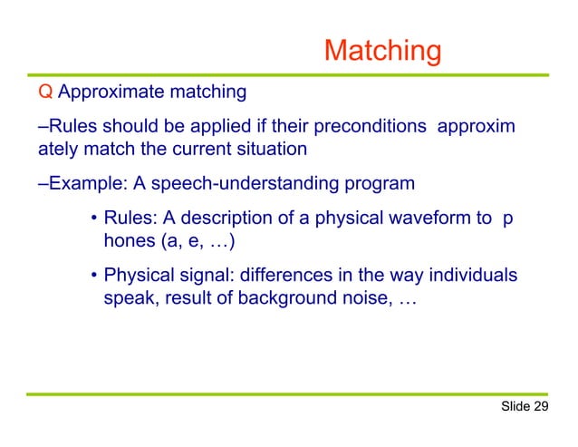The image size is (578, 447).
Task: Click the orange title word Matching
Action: coord(382,52)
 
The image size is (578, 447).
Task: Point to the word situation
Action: coord(271,148)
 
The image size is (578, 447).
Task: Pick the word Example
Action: coord(86,184)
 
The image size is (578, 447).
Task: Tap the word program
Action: coord(380,184)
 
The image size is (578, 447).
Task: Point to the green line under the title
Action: coord(289,73)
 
